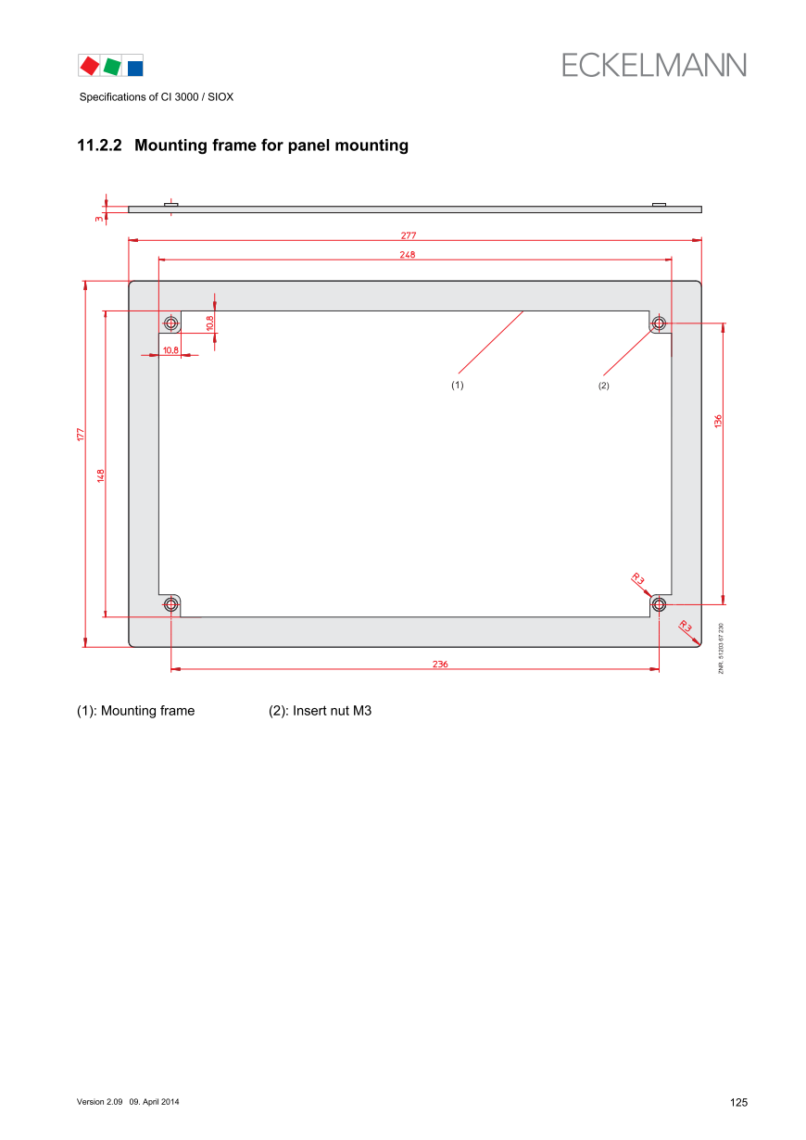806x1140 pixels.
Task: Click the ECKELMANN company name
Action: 653,65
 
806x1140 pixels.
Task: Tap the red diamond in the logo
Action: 90,66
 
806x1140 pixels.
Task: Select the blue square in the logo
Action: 135,69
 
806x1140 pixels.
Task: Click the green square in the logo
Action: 112,66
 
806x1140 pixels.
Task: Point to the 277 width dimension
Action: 408,235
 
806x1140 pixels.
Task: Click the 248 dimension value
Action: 407,255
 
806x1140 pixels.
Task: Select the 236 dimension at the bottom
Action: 440,664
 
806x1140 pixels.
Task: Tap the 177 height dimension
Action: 80,434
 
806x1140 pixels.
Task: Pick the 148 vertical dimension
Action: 100,475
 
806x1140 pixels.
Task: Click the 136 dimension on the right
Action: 717,421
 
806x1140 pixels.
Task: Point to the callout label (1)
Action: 457,385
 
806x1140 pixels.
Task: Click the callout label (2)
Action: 603,386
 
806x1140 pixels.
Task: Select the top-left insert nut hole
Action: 171,323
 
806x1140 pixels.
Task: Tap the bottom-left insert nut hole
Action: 171,604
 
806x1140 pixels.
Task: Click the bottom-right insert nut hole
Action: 659,604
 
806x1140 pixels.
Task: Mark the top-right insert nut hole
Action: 659,323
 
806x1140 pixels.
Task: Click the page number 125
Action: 738,1102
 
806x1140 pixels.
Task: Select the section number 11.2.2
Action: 99,145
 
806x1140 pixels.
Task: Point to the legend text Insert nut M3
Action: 332,711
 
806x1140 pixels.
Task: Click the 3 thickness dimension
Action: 98,219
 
